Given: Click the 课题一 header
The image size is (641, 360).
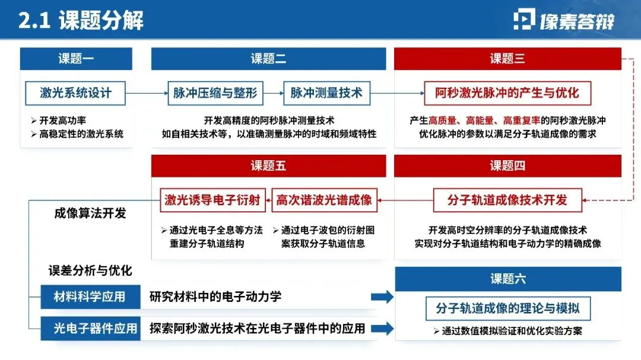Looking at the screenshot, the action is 76,59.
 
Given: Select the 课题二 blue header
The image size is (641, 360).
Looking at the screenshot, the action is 268,59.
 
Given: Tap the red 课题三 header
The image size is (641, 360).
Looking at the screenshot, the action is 507,59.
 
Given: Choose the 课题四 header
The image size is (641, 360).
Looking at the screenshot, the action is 507,165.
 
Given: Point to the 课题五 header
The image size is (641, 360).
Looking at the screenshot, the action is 268,165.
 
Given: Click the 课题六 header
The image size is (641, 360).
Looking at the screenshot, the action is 507,279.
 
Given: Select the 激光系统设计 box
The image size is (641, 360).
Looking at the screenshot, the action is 75,93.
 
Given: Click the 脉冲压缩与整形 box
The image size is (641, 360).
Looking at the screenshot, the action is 215,93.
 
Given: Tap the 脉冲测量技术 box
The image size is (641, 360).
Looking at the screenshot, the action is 326,93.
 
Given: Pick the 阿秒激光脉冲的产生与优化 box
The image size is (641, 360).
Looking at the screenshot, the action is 507,93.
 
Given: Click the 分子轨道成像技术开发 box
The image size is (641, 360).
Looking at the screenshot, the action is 507,200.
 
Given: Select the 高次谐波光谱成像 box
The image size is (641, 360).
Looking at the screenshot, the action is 324,200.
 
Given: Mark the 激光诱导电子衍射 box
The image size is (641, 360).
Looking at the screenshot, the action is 212,200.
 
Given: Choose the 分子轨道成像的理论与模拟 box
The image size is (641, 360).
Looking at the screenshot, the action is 507,308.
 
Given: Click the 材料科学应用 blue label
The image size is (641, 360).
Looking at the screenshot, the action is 90,297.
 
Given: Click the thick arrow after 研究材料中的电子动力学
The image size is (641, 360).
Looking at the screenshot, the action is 382,297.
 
